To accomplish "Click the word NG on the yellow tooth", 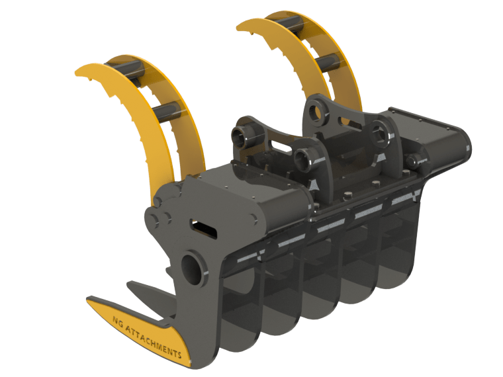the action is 118,322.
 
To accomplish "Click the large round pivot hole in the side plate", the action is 193,268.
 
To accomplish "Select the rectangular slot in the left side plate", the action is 203,228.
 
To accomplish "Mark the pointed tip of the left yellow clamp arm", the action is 77,73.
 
